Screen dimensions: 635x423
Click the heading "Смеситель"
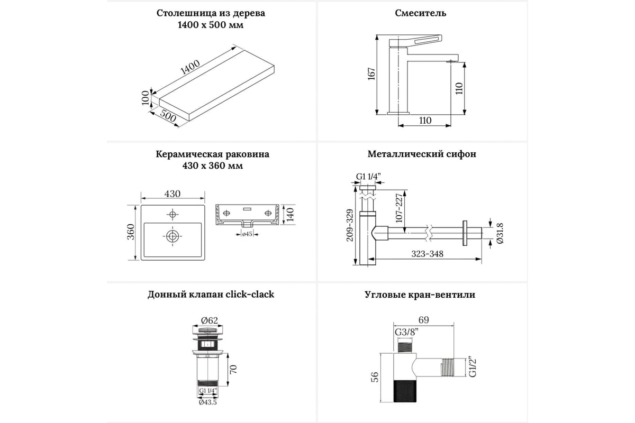coord(421,13)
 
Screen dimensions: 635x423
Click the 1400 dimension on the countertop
coord(190,68)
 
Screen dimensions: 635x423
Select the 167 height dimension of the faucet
coord(371,74)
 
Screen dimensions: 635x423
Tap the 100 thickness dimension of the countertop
coord(145,98)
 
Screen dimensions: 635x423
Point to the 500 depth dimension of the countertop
coord(168,115)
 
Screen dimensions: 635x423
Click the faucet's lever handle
coord(415,41)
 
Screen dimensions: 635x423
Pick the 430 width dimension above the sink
coord(173,194)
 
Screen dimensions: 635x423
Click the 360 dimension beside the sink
coord(131,232)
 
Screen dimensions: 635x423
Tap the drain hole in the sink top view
coord(173,236)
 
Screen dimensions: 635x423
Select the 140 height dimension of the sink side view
coord(290,215)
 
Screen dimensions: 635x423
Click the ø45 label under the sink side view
coord(247,234)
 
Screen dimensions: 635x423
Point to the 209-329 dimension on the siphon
coord(350,225)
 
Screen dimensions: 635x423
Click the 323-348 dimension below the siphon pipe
coord(427,254)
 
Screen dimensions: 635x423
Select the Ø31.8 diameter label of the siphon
coord(500,233)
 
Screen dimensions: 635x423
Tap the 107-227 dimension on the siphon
coord(399,208)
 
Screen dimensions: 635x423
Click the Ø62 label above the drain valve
coord(210,320)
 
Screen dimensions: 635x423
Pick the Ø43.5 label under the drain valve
coord(208,402)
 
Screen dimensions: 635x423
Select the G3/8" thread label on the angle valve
coord(407,332)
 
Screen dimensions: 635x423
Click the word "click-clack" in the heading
coord(250,295)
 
